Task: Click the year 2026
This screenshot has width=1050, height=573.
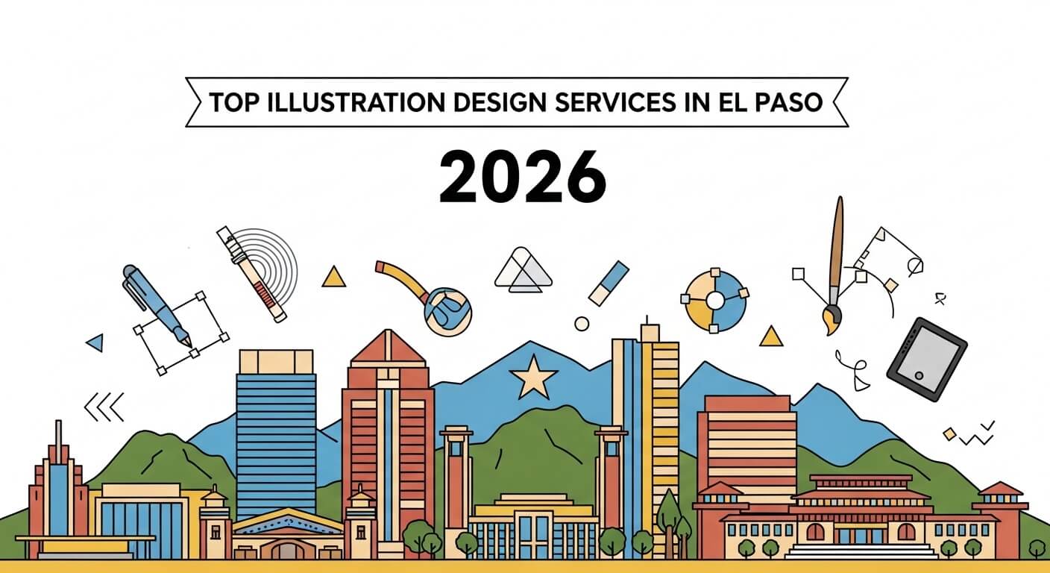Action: point(522,177)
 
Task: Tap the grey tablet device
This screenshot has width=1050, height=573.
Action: point(926,359)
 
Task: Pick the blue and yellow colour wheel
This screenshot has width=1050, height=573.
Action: point(714,301)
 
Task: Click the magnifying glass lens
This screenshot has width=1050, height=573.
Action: point(447,310)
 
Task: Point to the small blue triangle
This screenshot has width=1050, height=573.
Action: point(95,342)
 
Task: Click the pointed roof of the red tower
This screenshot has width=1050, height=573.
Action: point(388,348)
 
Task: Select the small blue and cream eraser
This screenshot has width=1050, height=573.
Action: point(609,284)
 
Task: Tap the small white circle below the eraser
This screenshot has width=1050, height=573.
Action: point(582,324)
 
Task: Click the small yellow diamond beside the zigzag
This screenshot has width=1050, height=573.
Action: point(949,433)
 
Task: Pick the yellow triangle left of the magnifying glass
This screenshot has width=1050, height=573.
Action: point(333,277)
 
